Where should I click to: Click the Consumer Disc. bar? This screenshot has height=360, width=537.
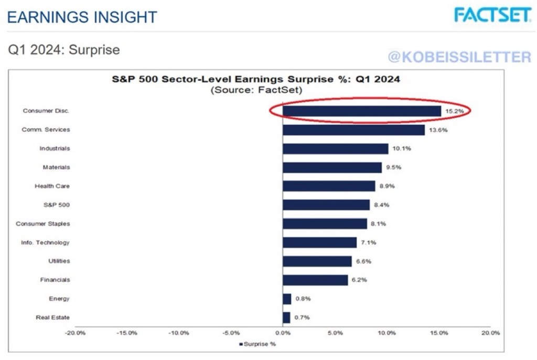[362, 111]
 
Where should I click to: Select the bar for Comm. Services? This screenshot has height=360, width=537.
[353, 130]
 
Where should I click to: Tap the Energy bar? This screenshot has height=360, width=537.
[287, 299]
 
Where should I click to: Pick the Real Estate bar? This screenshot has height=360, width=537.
[286, 318]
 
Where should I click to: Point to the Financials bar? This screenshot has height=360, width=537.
[315, 280]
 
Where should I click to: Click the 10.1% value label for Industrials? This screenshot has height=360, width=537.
[403, 149]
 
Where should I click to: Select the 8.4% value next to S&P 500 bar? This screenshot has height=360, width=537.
[384, 205]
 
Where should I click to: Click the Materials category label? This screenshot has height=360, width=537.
[56, 167]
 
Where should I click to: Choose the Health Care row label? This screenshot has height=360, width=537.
[52, 186]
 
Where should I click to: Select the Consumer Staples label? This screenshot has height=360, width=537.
[42, 224]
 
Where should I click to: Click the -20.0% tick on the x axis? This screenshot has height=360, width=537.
[76, 333]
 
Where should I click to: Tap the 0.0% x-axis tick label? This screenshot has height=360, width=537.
[283, 333]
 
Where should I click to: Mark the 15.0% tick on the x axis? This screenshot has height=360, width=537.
[439, 333]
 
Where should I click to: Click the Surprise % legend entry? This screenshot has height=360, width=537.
[257, 344]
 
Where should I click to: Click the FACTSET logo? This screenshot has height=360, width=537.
[492, 15]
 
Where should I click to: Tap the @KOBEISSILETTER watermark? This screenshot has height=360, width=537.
[459, 57]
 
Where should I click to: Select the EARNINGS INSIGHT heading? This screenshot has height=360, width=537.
[82, 17]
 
